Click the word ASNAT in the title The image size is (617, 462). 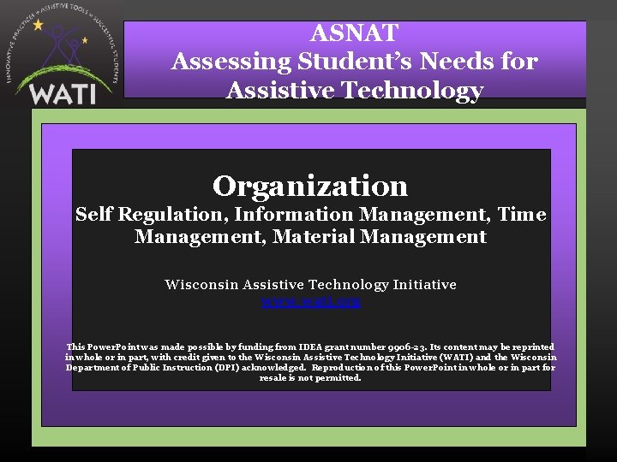pos(354,33)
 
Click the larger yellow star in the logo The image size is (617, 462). pos(38,25)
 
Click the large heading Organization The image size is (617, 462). pos(310,185)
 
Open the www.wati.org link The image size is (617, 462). pos(310,301)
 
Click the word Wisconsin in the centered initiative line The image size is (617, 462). pos(201,284)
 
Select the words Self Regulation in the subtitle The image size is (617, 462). pos(151,214)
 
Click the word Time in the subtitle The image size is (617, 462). pos(521,214)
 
